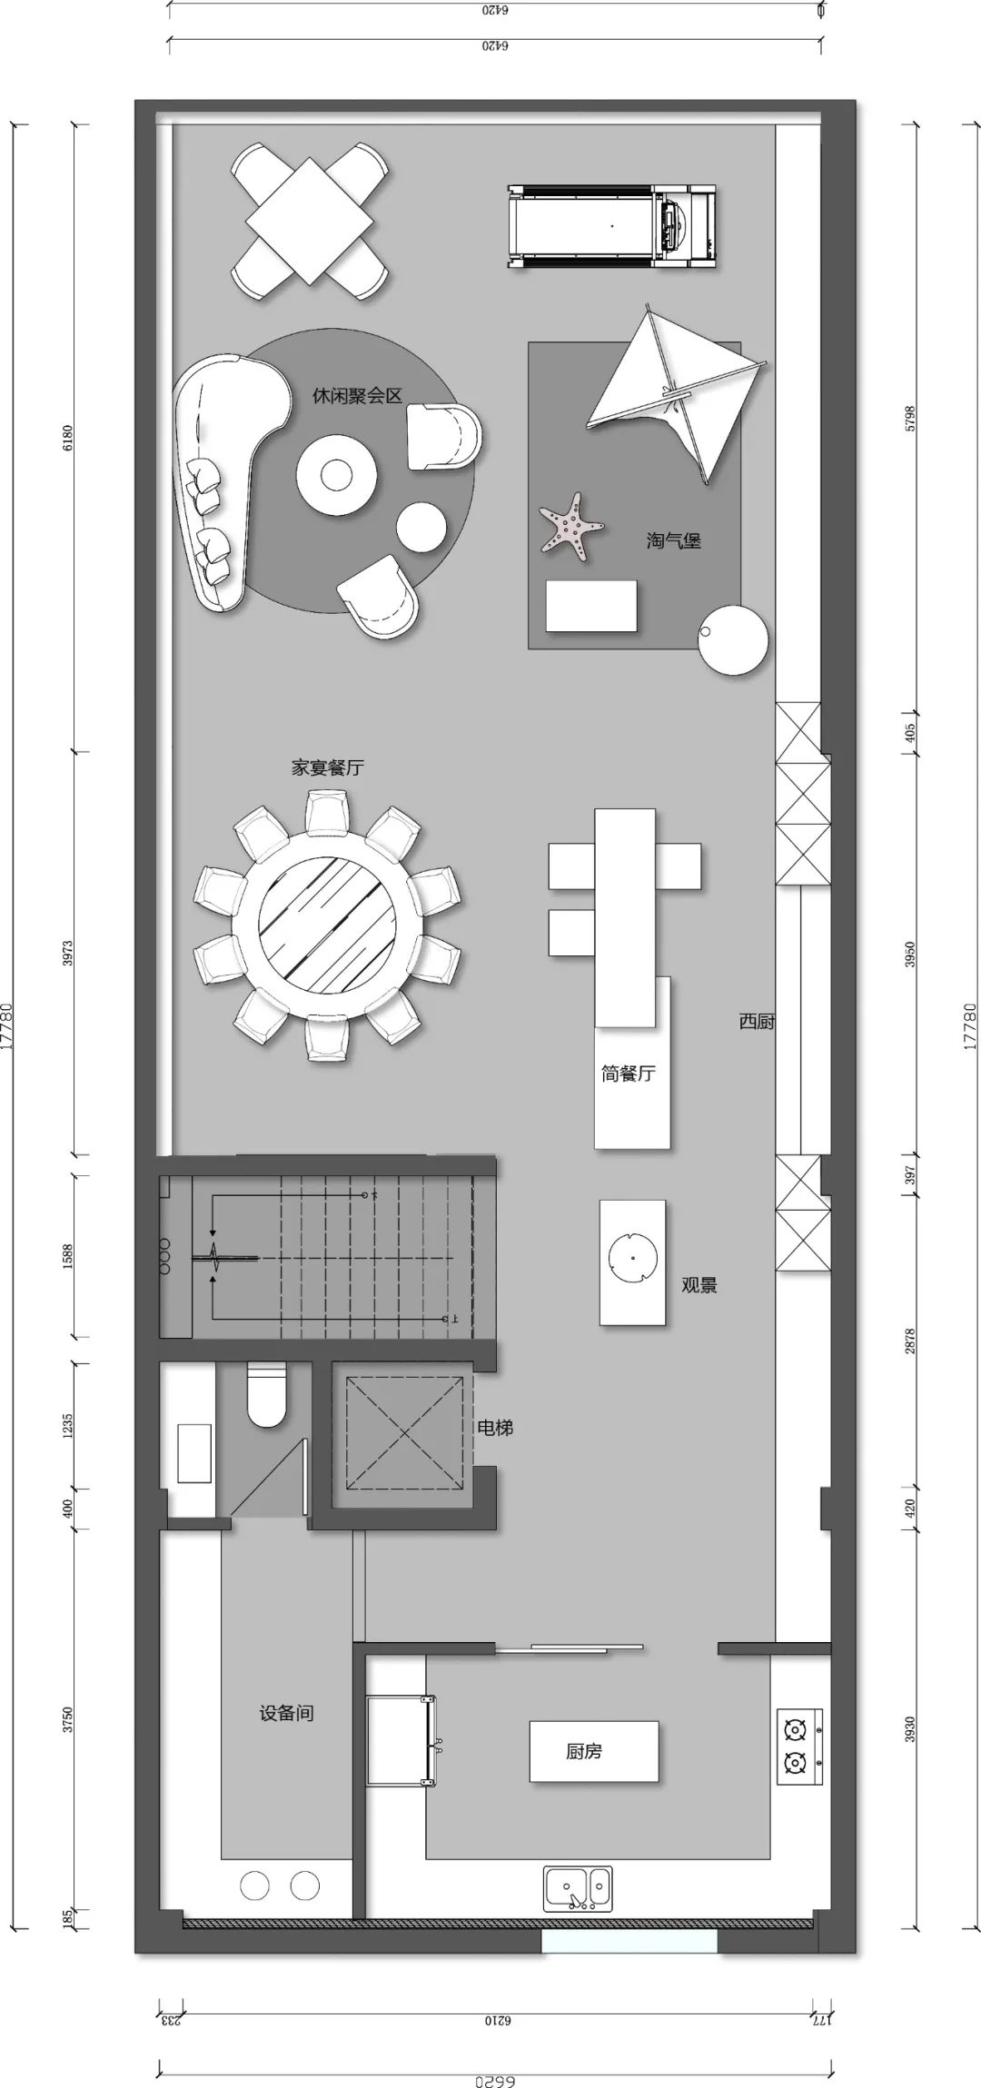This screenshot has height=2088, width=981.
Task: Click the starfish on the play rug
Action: pyautogui.click(x=571, y=524)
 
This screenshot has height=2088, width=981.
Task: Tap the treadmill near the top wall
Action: pyautogui.click(x=611, y=225)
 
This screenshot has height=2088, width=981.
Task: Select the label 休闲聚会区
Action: pyautogui.click(x=357, y=396)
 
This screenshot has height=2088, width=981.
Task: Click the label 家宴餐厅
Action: pyautogui.click(x=327, y=767)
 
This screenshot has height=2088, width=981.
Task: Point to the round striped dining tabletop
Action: pyautogui.click(x=327, y=925)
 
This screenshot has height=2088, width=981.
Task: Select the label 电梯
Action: pyautogui.click(x=495, y=1428)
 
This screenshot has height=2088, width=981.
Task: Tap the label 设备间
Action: pyautogui.click(x=287, y=1713)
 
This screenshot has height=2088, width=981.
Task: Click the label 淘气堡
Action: pyautogui.click(x=673, y=541)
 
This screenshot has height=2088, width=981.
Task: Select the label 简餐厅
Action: pyautogui.click(x=628, y=1074)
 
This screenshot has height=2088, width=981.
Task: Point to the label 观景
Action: pyautogui.click(x=699, y=1285)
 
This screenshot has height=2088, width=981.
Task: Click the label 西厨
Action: pyautogui.click(x=756, y=1021)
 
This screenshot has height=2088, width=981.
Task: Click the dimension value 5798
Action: pyautogui.click(x=910, y=418)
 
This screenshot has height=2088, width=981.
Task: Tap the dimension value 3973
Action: pyautogui.click(x=68, y=954)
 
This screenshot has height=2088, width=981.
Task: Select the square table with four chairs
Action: pyautogui.click(x=310, y=223)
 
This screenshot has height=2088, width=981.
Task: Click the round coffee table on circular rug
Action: pyautogui.click(x=336, y=473)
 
